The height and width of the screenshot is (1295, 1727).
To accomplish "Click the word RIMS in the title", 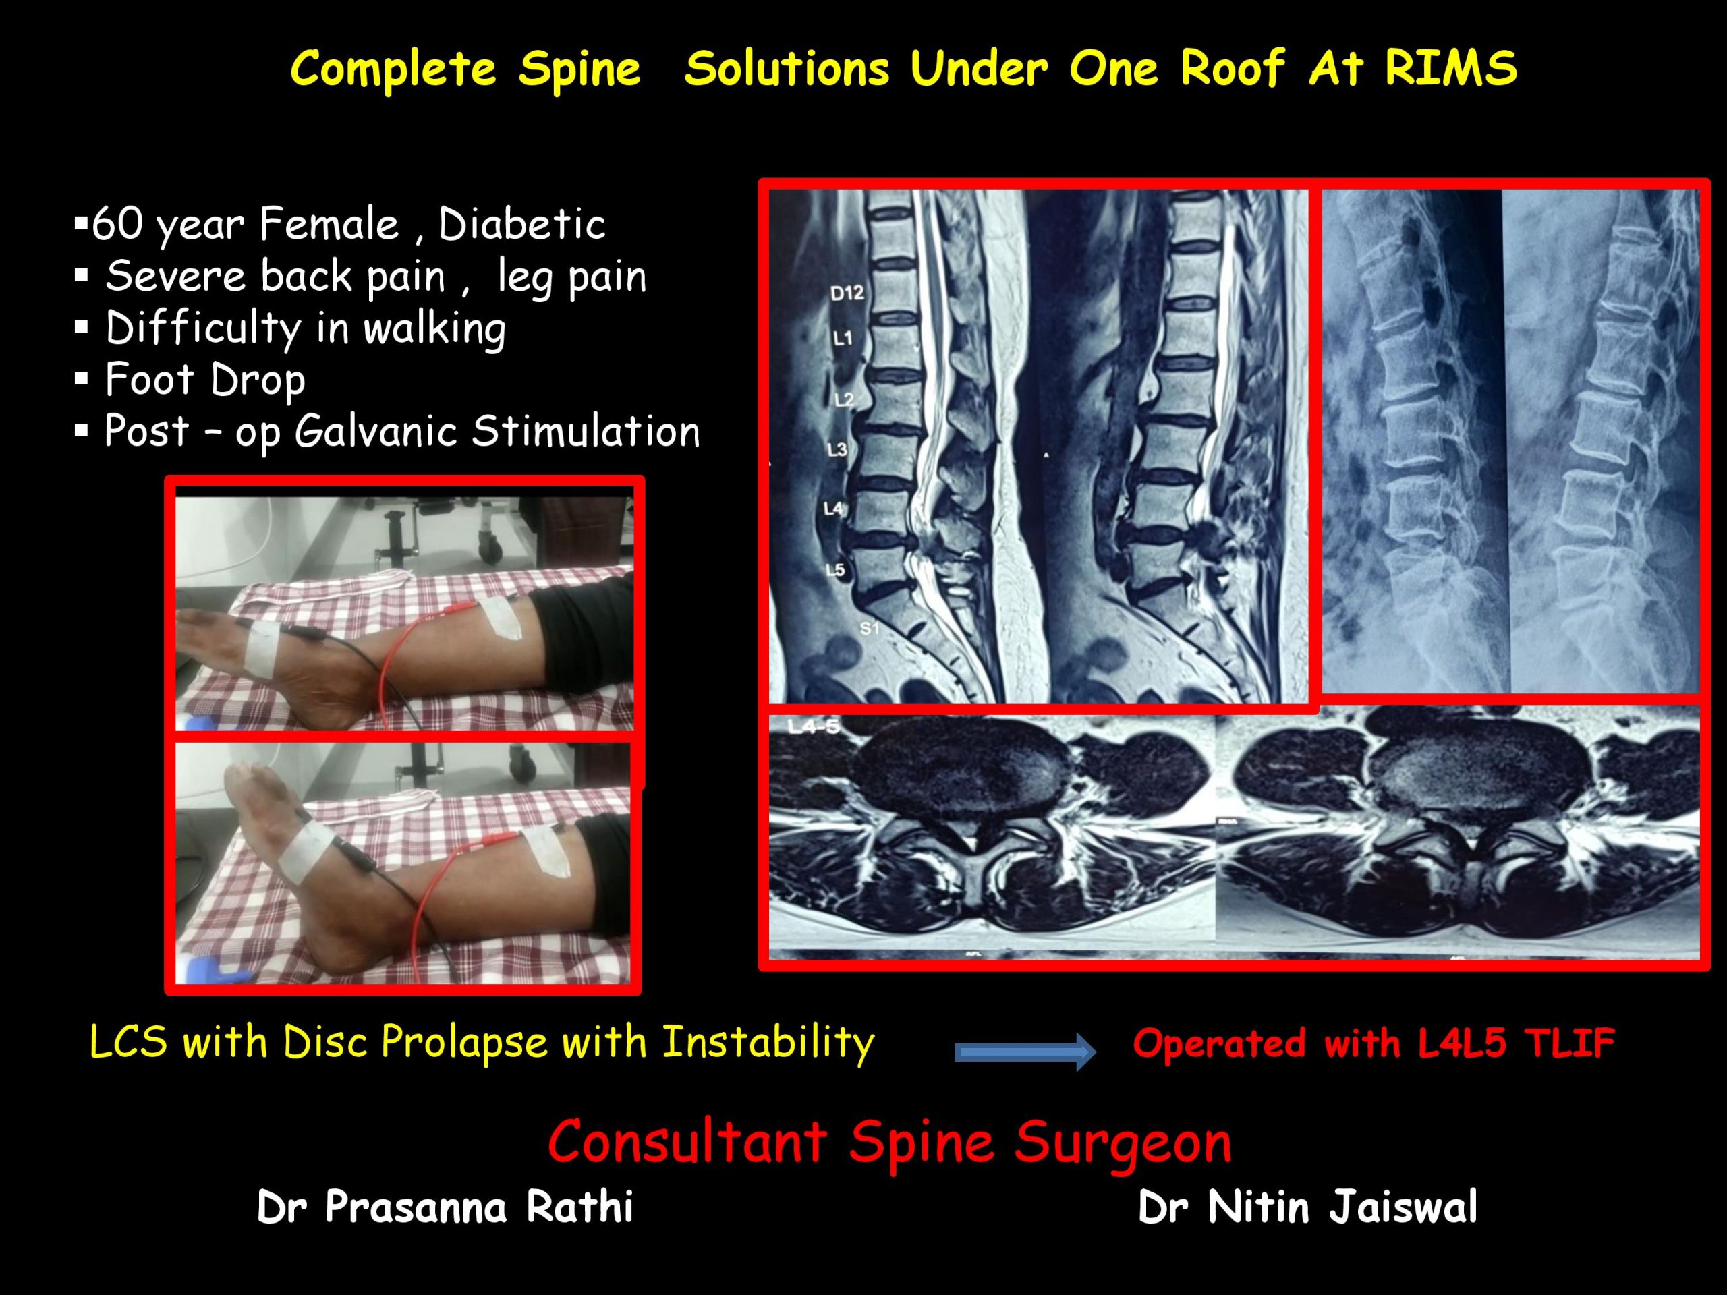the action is tap(1450, 67).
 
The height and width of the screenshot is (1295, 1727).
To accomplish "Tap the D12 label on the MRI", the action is tap(847, 293).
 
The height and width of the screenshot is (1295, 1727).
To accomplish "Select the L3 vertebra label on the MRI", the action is tap(837, 449).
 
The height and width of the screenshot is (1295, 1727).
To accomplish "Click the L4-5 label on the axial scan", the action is tap(814, 726).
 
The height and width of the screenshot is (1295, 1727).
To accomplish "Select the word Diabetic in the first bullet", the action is tap(521, 225).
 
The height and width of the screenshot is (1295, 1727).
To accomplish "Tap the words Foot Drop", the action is tap(205, 380).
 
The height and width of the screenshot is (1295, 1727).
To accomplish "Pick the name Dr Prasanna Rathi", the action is tap(445, 1207).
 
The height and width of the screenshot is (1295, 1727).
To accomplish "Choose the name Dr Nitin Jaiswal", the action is tap(1308, 1207).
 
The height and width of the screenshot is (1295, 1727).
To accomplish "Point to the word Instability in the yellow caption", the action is tap(768, 1043).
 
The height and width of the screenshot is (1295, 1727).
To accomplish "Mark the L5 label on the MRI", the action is tap(835, 570).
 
